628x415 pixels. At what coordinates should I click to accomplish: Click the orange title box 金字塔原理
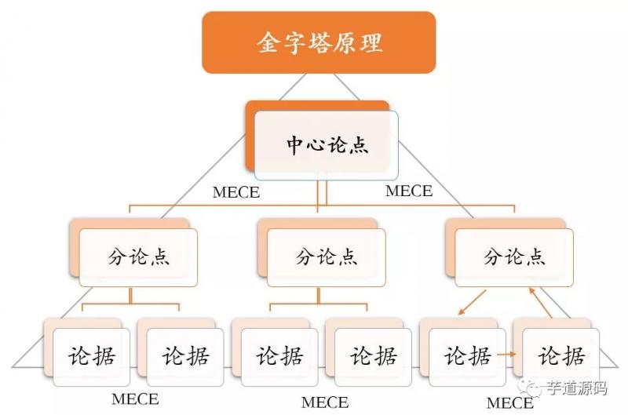tap(319, 42)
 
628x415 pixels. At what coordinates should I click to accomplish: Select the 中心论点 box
tap(326, 144)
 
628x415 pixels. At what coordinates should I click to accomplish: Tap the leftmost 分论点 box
tap(138, 257)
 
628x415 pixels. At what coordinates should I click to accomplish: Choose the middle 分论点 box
tap(326, 257)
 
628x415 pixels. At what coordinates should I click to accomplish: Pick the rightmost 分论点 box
tap(514, 257)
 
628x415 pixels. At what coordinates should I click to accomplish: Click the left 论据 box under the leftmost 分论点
tap(91, 356)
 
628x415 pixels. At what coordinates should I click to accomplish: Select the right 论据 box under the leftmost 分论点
tap(185, 356)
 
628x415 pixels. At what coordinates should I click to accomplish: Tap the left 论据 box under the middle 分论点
tap(279, 356)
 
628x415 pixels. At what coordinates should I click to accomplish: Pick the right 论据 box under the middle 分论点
tap(373, 356)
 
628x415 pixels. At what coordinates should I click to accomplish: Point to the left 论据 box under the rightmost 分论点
tap(467, 356)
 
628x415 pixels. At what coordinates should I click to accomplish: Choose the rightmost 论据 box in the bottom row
tap(561, 356)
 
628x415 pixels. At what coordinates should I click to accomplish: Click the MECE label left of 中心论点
tap(236, 192)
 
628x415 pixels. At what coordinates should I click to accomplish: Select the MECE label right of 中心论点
tap(409, 191)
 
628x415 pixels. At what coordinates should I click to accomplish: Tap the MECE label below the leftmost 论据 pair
tap(135, 399)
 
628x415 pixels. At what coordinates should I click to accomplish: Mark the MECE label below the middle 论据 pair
tap(325, 402)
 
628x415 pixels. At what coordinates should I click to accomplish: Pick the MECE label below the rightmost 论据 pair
tap(509, 402)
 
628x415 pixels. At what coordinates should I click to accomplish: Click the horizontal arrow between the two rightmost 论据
tap(507, 355)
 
